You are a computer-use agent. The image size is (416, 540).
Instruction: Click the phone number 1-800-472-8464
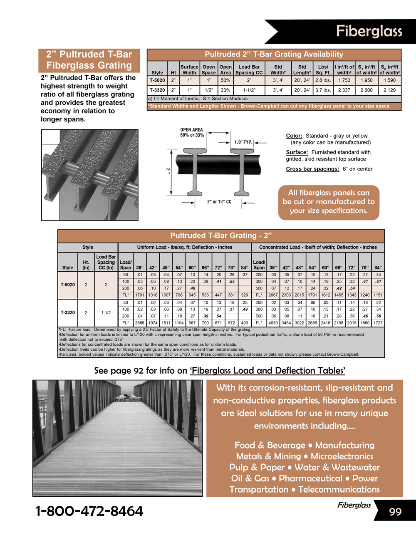click(x=89, y=511)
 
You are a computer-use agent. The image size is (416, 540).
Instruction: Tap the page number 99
click(x=395, y=512)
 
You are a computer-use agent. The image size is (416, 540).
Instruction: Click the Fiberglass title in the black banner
click(x=369, y=31)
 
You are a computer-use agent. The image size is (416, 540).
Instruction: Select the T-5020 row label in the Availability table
click(x=157, y=80)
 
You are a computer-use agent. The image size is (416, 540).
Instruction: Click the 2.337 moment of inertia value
click(x=344, y=90)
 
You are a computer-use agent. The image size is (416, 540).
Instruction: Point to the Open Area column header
click(x=225, y=69)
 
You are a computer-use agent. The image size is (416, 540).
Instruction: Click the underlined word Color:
click(x=294, y=136)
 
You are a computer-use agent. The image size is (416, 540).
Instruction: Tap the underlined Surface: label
click(x=297, y=152)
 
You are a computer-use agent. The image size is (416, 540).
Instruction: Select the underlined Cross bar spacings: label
click(x=312, y=169)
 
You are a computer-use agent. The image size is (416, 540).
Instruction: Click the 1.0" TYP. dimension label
click(x=243, y=142)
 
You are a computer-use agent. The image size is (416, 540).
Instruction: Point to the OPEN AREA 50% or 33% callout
click(x=192, y=132)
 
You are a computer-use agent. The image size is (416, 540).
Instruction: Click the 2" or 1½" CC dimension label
click(x=219, y=202)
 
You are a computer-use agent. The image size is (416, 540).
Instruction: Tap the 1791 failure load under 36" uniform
click(x=140, y=295)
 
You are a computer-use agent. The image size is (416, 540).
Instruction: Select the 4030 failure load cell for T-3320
click(x=273, y=323)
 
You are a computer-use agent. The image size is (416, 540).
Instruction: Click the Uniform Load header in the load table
click(x=185, y=247)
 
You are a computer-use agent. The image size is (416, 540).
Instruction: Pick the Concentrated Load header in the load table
click(x=318, y=247)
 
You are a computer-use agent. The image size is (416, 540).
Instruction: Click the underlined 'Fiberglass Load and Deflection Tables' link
click(x=267, y=371)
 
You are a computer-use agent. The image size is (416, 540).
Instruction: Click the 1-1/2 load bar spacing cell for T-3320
click(x=106, y=312)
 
